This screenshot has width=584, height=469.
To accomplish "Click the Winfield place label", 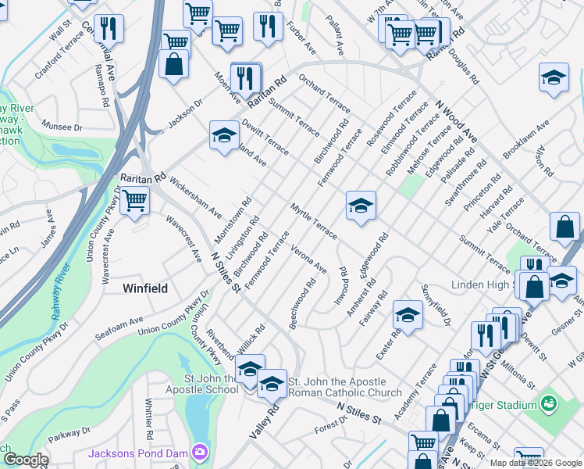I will (x=145, y=288).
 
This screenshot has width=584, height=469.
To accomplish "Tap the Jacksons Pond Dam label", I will (x=140, y=453).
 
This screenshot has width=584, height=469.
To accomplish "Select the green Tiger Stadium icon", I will (x=550, y=404).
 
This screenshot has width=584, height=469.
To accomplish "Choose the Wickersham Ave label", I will (x=194, y=200).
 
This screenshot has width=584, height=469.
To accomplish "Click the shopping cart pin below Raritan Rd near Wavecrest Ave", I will (x=135, y=200).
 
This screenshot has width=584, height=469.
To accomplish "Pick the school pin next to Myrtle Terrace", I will (x=361, y=206).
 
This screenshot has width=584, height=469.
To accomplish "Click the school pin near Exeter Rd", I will (x=408, y=314).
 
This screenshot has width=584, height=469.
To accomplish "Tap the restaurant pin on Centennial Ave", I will (x=109, y=28).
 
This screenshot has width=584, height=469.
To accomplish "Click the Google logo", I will (x=25, y=460).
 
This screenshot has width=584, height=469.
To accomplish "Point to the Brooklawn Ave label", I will (x=526, y=138).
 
